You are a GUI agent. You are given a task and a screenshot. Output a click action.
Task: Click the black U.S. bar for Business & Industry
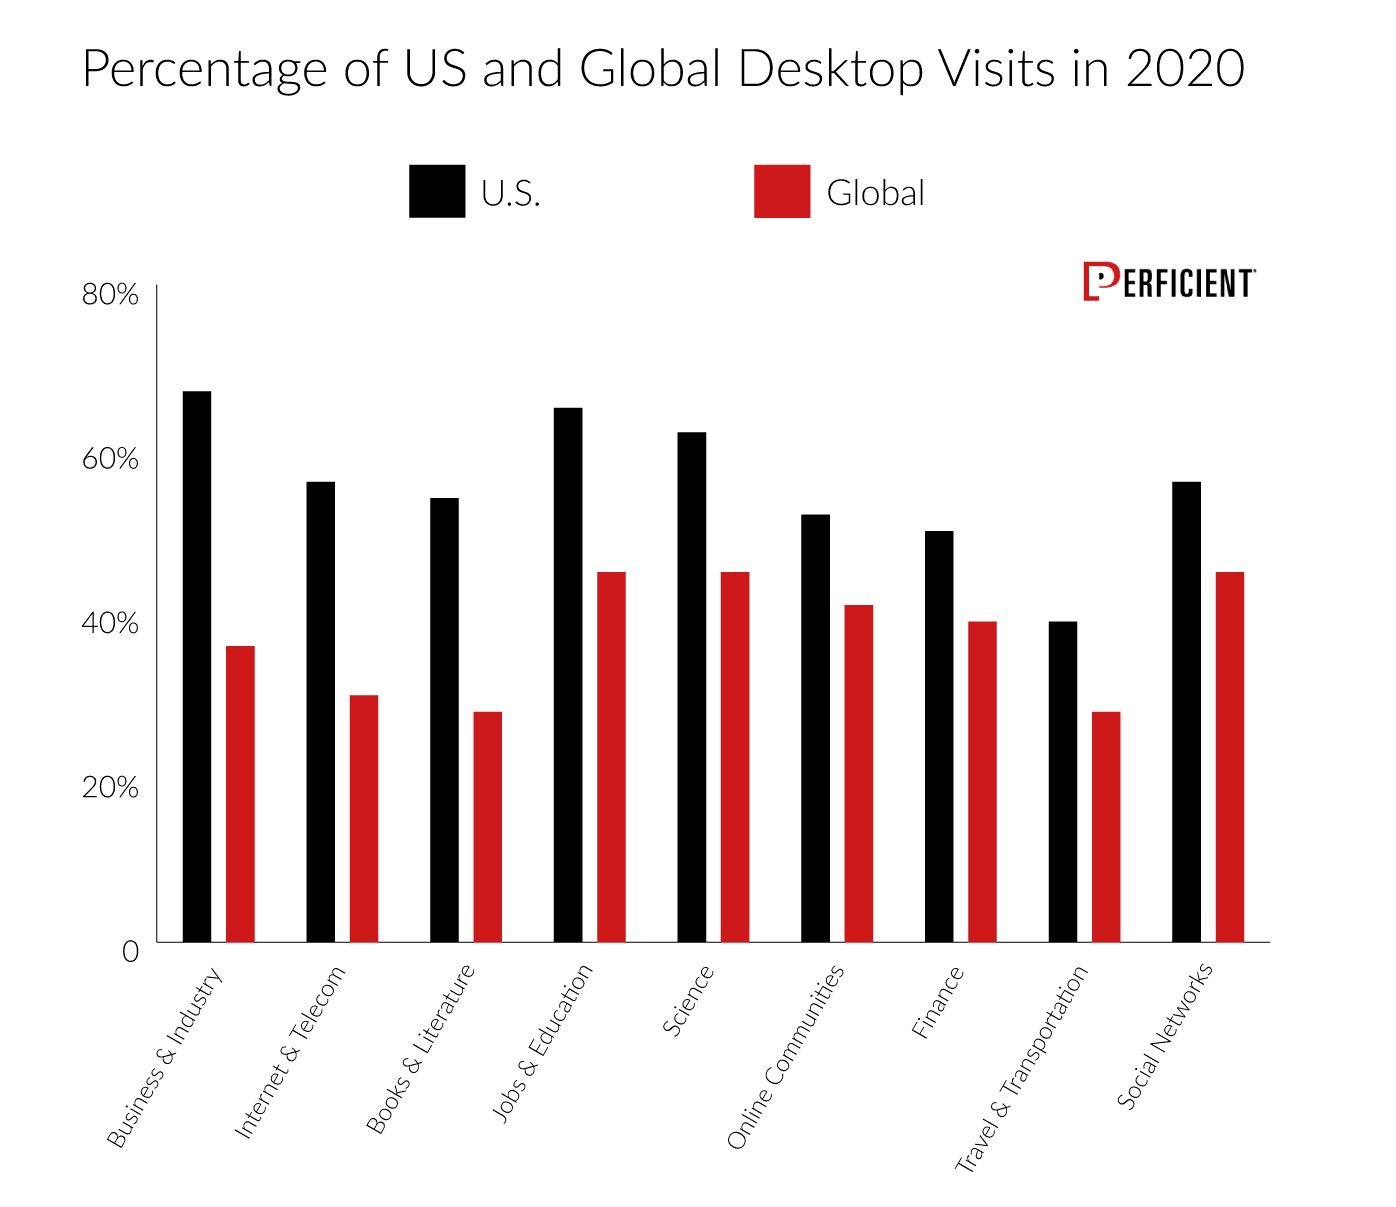coord(197,666)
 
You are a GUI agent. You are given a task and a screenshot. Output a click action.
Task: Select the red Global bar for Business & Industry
coord(240,794)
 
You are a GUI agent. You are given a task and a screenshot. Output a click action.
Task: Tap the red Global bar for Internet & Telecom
coord(364,818)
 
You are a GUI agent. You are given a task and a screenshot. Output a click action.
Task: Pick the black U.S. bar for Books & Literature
coord(444,719)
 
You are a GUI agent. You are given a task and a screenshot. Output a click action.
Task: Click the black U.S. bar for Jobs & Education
coord(568,675)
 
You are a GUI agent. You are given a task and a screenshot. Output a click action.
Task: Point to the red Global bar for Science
coord(735,756)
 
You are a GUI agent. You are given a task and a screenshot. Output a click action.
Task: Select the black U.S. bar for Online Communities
coord(816,728)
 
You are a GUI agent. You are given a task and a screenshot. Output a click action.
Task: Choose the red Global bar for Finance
coord(983,781)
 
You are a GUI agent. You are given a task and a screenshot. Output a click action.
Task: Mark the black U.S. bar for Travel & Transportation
coord(1063,781)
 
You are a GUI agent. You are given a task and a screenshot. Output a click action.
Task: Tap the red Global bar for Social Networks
coord(1230,756)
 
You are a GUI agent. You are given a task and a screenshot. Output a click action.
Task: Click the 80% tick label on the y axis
coord(110,294)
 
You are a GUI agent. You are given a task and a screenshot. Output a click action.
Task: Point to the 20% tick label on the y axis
coord(110,788)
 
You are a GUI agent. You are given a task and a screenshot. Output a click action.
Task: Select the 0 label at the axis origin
coord(130,952)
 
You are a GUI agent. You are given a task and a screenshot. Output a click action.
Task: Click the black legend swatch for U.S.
coord(437,191)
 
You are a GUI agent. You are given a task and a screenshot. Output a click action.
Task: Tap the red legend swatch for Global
coord(782,191)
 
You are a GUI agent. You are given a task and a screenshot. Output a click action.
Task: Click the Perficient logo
coord(1169,281)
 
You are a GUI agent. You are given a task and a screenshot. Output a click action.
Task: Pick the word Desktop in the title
coord(831,70)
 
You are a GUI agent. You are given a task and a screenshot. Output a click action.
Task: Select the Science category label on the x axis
coord(688,1000)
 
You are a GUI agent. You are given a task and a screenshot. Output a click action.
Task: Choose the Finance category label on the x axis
coord(937,1002)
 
